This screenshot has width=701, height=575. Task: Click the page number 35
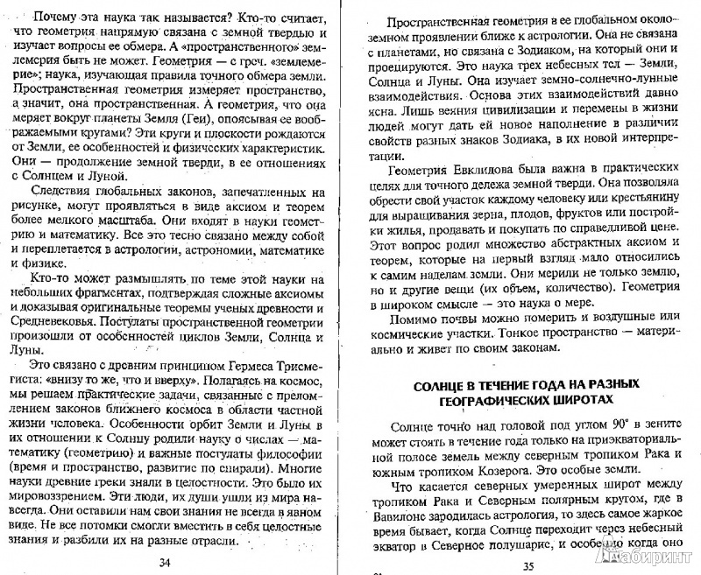(528, 564)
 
